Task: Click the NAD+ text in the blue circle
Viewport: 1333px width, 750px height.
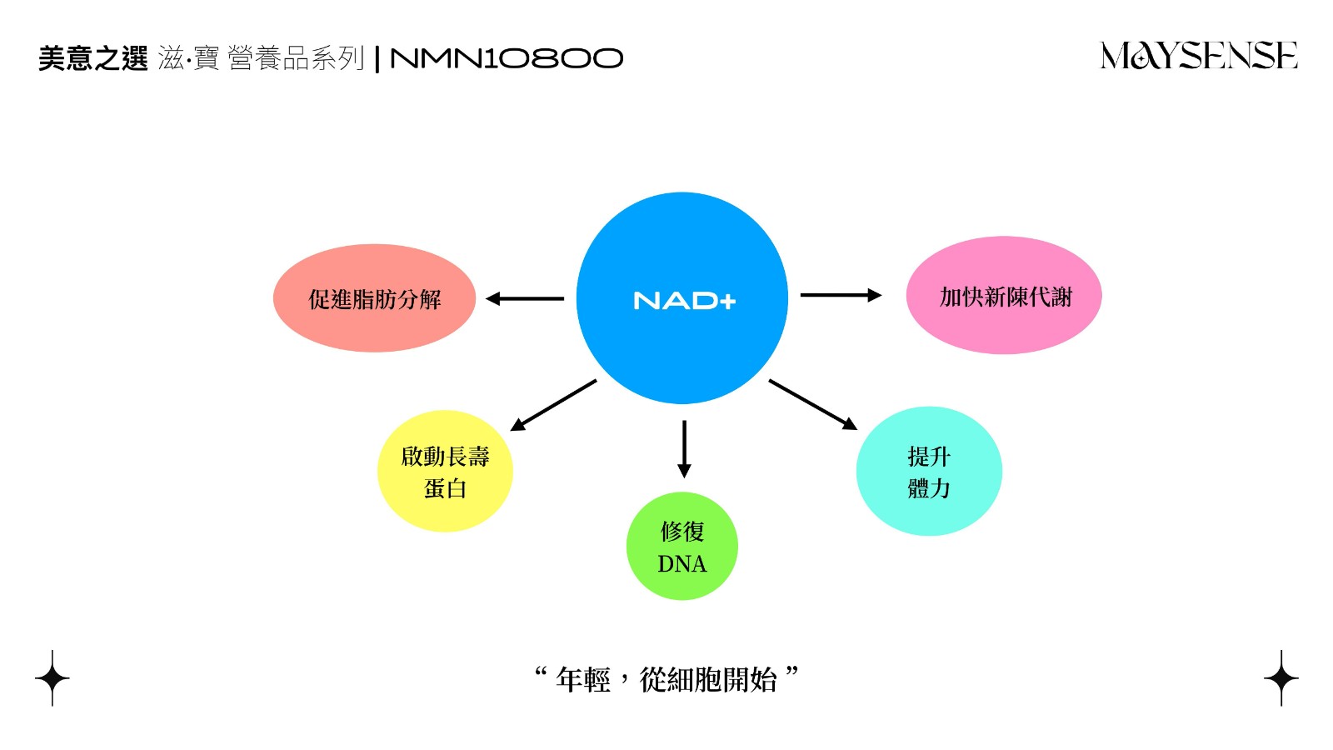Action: click(684, 300)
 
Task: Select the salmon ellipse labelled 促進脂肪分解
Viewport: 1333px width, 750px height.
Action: click(374, 297)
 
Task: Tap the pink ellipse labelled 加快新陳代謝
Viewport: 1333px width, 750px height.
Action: click(1004, 295)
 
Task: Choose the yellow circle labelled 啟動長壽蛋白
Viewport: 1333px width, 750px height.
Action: click(445, 471)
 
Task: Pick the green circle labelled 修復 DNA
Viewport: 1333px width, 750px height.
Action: click(682, 546)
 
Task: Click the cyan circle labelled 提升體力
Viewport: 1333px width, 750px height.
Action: click(929, 471)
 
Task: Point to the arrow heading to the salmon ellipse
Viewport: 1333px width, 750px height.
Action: click(525, 298)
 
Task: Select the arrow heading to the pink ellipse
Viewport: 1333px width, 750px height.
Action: click(841, 295)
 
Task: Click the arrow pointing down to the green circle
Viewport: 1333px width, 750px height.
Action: click(684, 449)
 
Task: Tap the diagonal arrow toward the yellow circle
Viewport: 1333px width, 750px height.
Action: click(553, 405)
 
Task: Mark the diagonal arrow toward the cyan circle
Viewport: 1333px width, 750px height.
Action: click(813, 404)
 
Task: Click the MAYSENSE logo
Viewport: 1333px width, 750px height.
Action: click(1199, 55)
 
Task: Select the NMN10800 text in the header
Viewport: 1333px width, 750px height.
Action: click(507, 58)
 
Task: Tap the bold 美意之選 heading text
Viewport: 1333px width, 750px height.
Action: click(92, 58)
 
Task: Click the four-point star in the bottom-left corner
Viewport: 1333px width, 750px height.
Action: click(52, 678)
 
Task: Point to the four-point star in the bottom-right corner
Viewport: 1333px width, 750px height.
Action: click(1281, 678)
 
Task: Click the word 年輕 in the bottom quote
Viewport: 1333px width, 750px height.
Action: click(582, 680)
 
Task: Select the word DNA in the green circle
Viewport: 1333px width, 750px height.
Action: click(682, 563)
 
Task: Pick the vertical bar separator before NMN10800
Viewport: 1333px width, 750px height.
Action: click(377, 59)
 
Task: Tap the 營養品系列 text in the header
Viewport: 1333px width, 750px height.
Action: click(296, 58)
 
